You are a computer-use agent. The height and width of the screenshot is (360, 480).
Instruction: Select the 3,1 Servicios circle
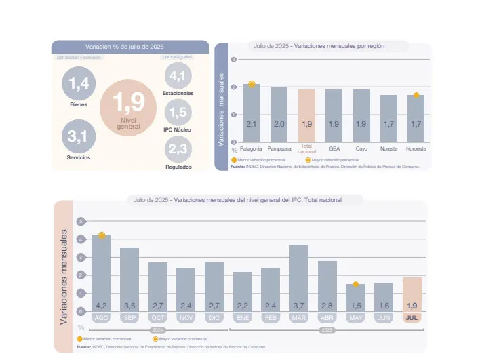pyautogui.click(x=79, y=137)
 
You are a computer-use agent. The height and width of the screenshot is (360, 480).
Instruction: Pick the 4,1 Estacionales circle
pyautogui.click(x=178, y=75)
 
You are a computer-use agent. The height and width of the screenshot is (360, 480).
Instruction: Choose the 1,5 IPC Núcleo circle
pyautogui.click(x=178, y=112)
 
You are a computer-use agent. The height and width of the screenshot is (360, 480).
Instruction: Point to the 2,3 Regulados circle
pyautogui.click(x=178, y=149)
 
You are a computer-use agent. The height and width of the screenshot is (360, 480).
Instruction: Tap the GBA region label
pyautogui.click(x=334, y=148)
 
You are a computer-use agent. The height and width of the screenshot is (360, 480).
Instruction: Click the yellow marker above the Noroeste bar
pyautogui.click(x=416, y=95)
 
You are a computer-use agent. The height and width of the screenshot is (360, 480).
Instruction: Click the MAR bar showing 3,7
pyautogui.click(x=299, y=278)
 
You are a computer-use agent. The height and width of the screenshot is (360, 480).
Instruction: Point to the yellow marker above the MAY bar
pyautogui.click(x=355, y=284)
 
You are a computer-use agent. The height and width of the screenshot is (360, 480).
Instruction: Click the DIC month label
pyautogui.click(x=214, y=317)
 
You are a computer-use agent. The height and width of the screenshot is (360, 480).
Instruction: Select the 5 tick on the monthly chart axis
pyautogui.click(x=81, y=222)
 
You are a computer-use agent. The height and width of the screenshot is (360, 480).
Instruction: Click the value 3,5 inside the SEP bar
pyautogui.click(x=129, y=306)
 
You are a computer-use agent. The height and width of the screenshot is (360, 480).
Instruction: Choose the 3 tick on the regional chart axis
pyautogui.click(x=234, y=60)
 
